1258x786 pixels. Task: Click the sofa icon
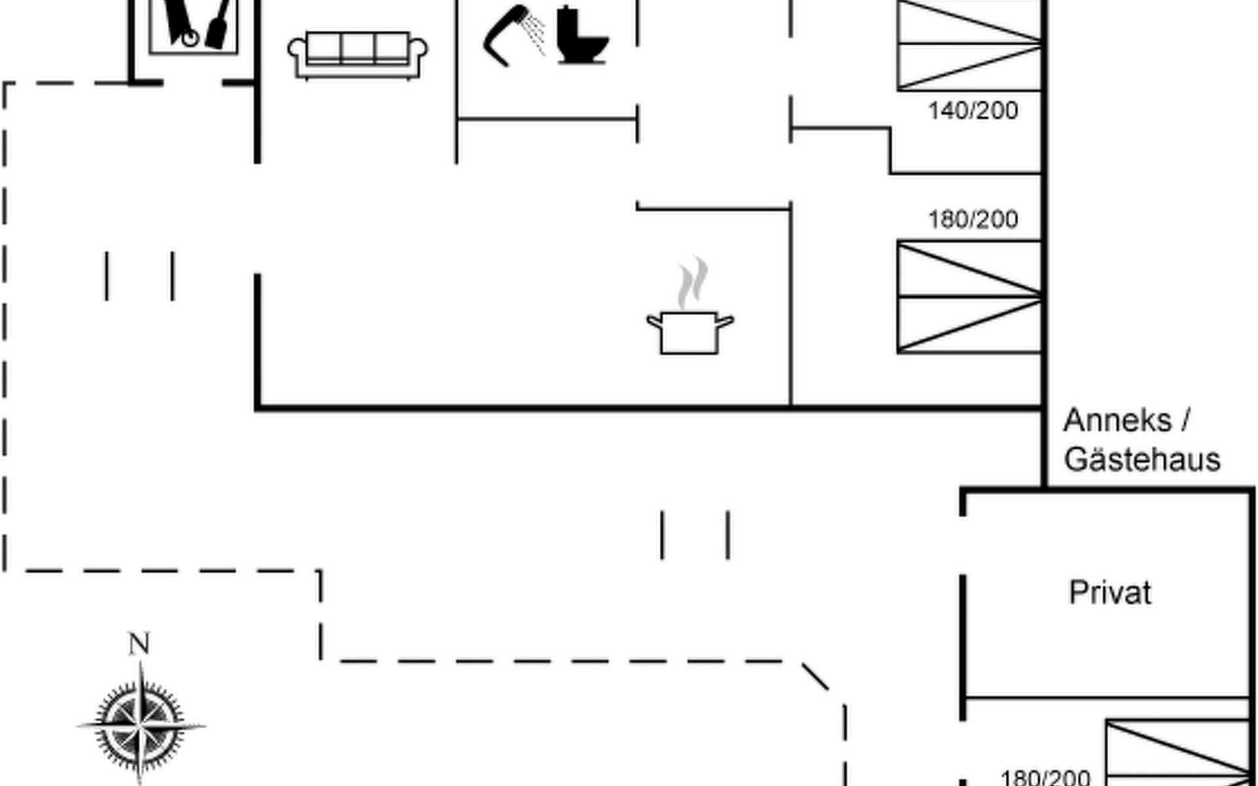(x=358, y=55)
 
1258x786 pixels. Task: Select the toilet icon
(x=581, y=36)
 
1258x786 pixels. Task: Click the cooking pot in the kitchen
(x=689, y=332)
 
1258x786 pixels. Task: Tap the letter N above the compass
(x=139, y=644)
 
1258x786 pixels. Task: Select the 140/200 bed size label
(x=973, y=111)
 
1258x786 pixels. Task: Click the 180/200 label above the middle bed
(x=973, y=219)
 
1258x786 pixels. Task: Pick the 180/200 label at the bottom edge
(x=1045, y=777)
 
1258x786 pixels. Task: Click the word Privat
(x=1110, y=593)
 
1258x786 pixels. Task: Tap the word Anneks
(x=1117, y=420)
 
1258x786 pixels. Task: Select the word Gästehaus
(x=1142, y=459)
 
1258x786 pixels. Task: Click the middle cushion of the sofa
(x=358, y=47)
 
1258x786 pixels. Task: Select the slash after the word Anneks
(x=1185, y=420)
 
